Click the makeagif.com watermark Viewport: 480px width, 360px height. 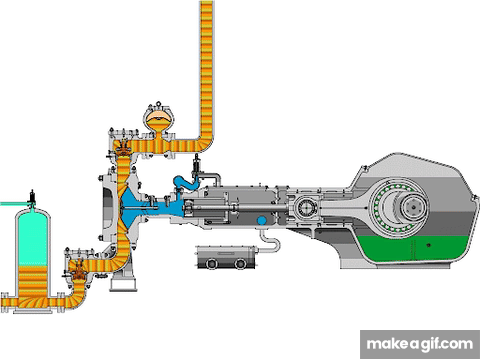point(420,344)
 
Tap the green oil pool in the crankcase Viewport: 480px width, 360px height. point(413,249)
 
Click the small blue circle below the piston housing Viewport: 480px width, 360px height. point(262,220)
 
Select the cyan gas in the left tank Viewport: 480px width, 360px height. point(33,237)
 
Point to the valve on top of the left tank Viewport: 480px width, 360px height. point(32,198)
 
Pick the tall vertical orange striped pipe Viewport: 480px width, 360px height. point(206,67)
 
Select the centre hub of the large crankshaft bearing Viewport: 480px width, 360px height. point(414,207)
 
